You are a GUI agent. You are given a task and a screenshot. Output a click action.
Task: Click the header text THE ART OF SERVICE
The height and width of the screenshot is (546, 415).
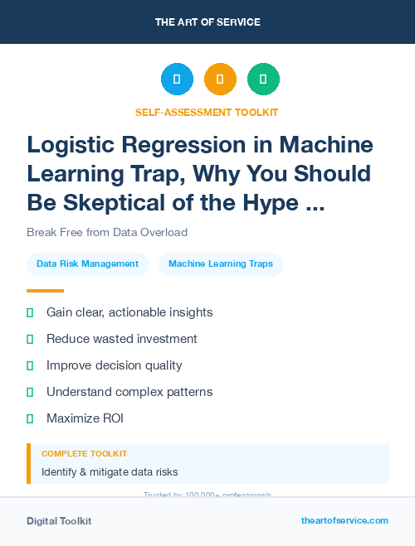[207, 22]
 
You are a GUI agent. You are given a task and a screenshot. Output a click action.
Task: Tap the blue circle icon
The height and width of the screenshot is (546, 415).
[177, 80]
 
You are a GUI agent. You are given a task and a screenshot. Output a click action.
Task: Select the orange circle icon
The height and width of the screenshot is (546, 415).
[220, 80]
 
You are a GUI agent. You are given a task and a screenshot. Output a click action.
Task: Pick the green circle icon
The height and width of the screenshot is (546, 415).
[263, 80]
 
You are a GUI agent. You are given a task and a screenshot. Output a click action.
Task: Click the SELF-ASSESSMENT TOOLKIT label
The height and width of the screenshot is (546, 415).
[207, 112]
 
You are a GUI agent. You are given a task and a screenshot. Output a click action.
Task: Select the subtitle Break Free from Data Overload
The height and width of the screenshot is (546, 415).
[107, 232]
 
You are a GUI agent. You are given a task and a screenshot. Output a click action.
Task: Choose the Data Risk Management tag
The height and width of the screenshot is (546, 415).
[87, 264]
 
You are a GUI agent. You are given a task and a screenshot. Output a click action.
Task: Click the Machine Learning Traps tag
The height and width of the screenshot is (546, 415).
[221, 264]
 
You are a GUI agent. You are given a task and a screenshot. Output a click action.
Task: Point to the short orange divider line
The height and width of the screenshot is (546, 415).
[45, 291]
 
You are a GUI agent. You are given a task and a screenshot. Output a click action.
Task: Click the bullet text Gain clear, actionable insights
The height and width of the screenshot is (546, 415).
[129, 312]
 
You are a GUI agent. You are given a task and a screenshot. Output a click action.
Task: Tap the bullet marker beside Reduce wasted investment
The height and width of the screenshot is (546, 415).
[30, 339]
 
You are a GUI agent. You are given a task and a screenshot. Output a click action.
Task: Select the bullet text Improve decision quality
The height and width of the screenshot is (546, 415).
[114, 365]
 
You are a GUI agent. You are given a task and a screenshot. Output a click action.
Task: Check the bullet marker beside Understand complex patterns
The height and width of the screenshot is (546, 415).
[30, 392]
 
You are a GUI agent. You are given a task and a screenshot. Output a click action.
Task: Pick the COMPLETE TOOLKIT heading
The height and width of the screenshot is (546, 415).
[84, 454]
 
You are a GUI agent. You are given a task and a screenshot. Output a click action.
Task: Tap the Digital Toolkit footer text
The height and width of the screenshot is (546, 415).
[59, 521]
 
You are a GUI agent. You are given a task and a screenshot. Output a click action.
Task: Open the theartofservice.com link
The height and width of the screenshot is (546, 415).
[344, 520]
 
